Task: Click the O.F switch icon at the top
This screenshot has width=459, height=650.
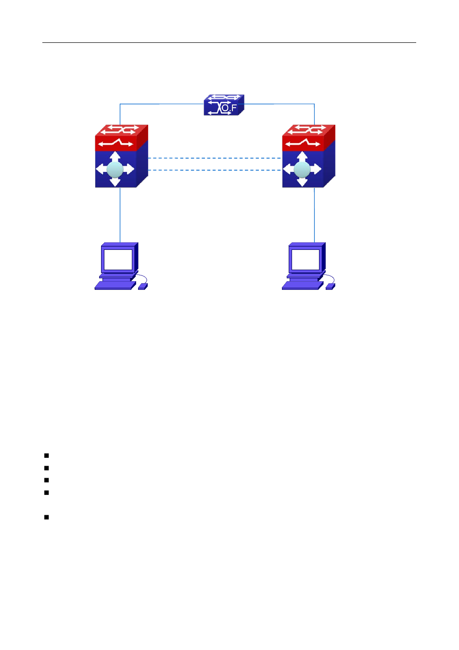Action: click(x=224, y=105)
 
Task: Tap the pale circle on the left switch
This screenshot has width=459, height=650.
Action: click(x=115, y=169)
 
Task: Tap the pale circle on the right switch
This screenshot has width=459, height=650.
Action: click(x=302, y=169)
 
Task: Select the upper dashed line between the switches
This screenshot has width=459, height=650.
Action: click(x=215, y=158)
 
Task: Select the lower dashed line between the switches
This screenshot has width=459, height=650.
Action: click(x=215, y=170)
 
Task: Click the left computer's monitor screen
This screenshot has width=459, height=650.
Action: click(x=118, y=260)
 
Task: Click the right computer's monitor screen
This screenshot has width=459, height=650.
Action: click(x=306, y=260)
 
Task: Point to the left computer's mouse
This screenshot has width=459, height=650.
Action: click(x=142, y=287)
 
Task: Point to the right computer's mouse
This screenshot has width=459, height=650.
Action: click(x=330, y=287)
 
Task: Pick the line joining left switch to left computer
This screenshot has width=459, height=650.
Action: click(x=120, y=215)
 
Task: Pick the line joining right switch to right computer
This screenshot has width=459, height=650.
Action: click(x=315, y=215)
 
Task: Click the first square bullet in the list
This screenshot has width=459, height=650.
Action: click(x=47, y=455)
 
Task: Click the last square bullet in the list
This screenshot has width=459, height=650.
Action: click(x=47, y=518)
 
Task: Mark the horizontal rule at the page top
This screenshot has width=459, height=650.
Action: click(x=229, y=43)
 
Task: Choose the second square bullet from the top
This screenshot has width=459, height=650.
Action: click(x=47, y=468)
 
